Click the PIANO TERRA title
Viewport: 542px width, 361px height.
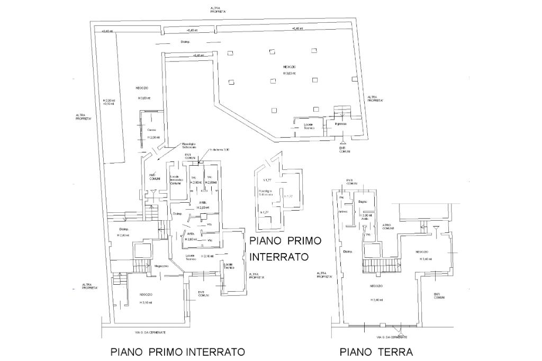(x=376, y=351)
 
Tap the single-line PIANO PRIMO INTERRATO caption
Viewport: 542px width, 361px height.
(x=178, y=351)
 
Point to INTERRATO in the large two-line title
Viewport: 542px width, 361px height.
(x=279, y=257)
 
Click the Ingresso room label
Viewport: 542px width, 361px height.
(x=340, y=124)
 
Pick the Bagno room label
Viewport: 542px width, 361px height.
(x=363, y=202)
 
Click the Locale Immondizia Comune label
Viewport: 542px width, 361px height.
(x=176, y=180)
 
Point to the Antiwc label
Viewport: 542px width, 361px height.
(x=344, y=212)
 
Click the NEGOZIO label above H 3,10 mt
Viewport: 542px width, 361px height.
(x=146, y=294)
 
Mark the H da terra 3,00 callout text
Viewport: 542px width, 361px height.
(x=220, y=150)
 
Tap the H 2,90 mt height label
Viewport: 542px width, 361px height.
(x=196, y=183)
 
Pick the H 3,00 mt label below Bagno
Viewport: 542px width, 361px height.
(x=366, y=215)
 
